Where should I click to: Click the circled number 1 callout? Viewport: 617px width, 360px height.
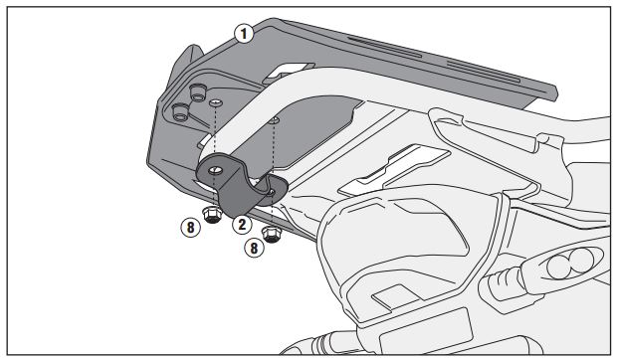pyautogui.click(x=244, y=34)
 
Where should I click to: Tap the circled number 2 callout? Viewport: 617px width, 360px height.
pyautogui.click(x=242, y=225)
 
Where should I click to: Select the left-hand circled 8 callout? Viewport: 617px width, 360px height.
pyautogui.click(x=190, y=228)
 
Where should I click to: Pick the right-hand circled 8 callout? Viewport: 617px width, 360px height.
pyautogui.click(x=254, y=248)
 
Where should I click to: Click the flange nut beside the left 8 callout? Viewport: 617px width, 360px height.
pyautogui.click(x=212, y=215)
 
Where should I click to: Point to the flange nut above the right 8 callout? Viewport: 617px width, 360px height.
pyautogui.click(x=272, y=235)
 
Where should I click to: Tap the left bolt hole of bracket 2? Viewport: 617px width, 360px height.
pyautogui.click(x=215, y=171)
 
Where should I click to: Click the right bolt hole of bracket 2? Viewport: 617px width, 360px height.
pyautogui.click(x=272, y=192)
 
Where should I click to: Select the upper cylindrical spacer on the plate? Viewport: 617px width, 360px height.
pyautogui.click(x=197, y=92)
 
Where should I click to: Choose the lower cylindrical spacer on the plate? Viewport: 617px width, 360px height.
pyautogui.click(x=180, y=112)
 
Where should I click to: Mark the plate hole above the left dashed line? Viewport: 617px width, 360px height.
pyautogui.click(x=216, y=103)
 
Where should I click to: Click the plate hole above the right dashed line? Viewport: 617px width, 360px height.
pyautogui.click(x=275, y=120)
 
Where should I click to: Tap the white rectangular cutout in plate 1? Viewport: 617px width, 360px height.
pyautogui.click(x=290, y=70)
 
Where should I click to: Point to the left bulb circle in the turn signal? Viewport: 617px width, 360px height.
pyautogui.click(x=558, y=268)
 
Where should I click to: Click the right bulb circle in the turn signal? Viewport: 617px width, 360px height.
pyautogui.click(x=582, y=261)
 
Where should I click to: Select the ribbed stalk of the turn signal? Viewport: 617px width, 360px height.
pyautogui.click(x=501, y=280)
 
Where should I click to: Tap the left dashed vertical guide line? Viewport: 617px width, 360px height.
pyautogui.click(x=214, y=156)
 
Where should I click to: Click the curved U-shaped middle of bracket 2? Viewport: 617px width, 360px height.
pyautogui.click(x=235, y=197)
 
